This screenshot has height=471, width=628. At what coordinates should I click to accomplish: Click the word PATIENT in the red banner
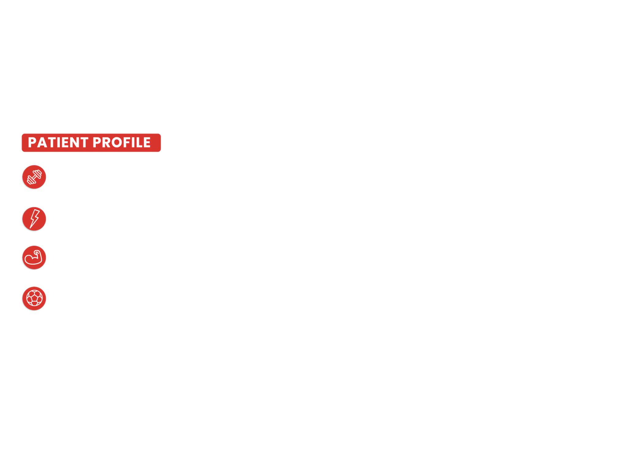coord(58,143)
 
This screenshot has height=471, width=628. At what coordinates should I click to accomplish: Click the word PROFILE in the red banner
coord(121,143)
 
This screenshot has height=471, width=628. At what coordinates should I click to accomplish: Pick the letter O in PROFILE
coord(118,143)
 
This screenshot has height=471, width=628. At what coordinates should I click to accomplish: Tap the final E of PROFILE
coord(147,143)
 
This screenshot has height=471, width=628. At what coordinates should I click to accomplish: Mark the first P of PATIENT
coord(32,143)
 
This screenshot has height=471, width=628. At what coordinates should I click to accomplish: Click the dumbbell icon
coord(34,177)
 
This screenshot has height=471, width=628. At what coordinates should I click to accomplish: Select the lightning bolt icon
coord(34,219)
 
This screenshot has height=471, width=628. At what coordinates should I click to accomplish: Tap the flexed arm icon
coord(34,258)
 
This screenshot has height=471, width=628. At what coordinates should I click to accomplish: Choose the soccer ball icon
coord(34,298)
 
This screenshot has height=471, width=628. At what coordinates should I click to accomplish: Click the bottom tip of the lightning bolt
coord(30,228)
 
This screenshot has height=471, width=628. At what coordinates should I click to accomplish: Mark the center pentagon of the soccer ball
coord(34,297)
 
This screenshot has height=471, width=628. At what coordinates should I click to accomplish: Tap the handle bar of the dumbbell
coord(34,177)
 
